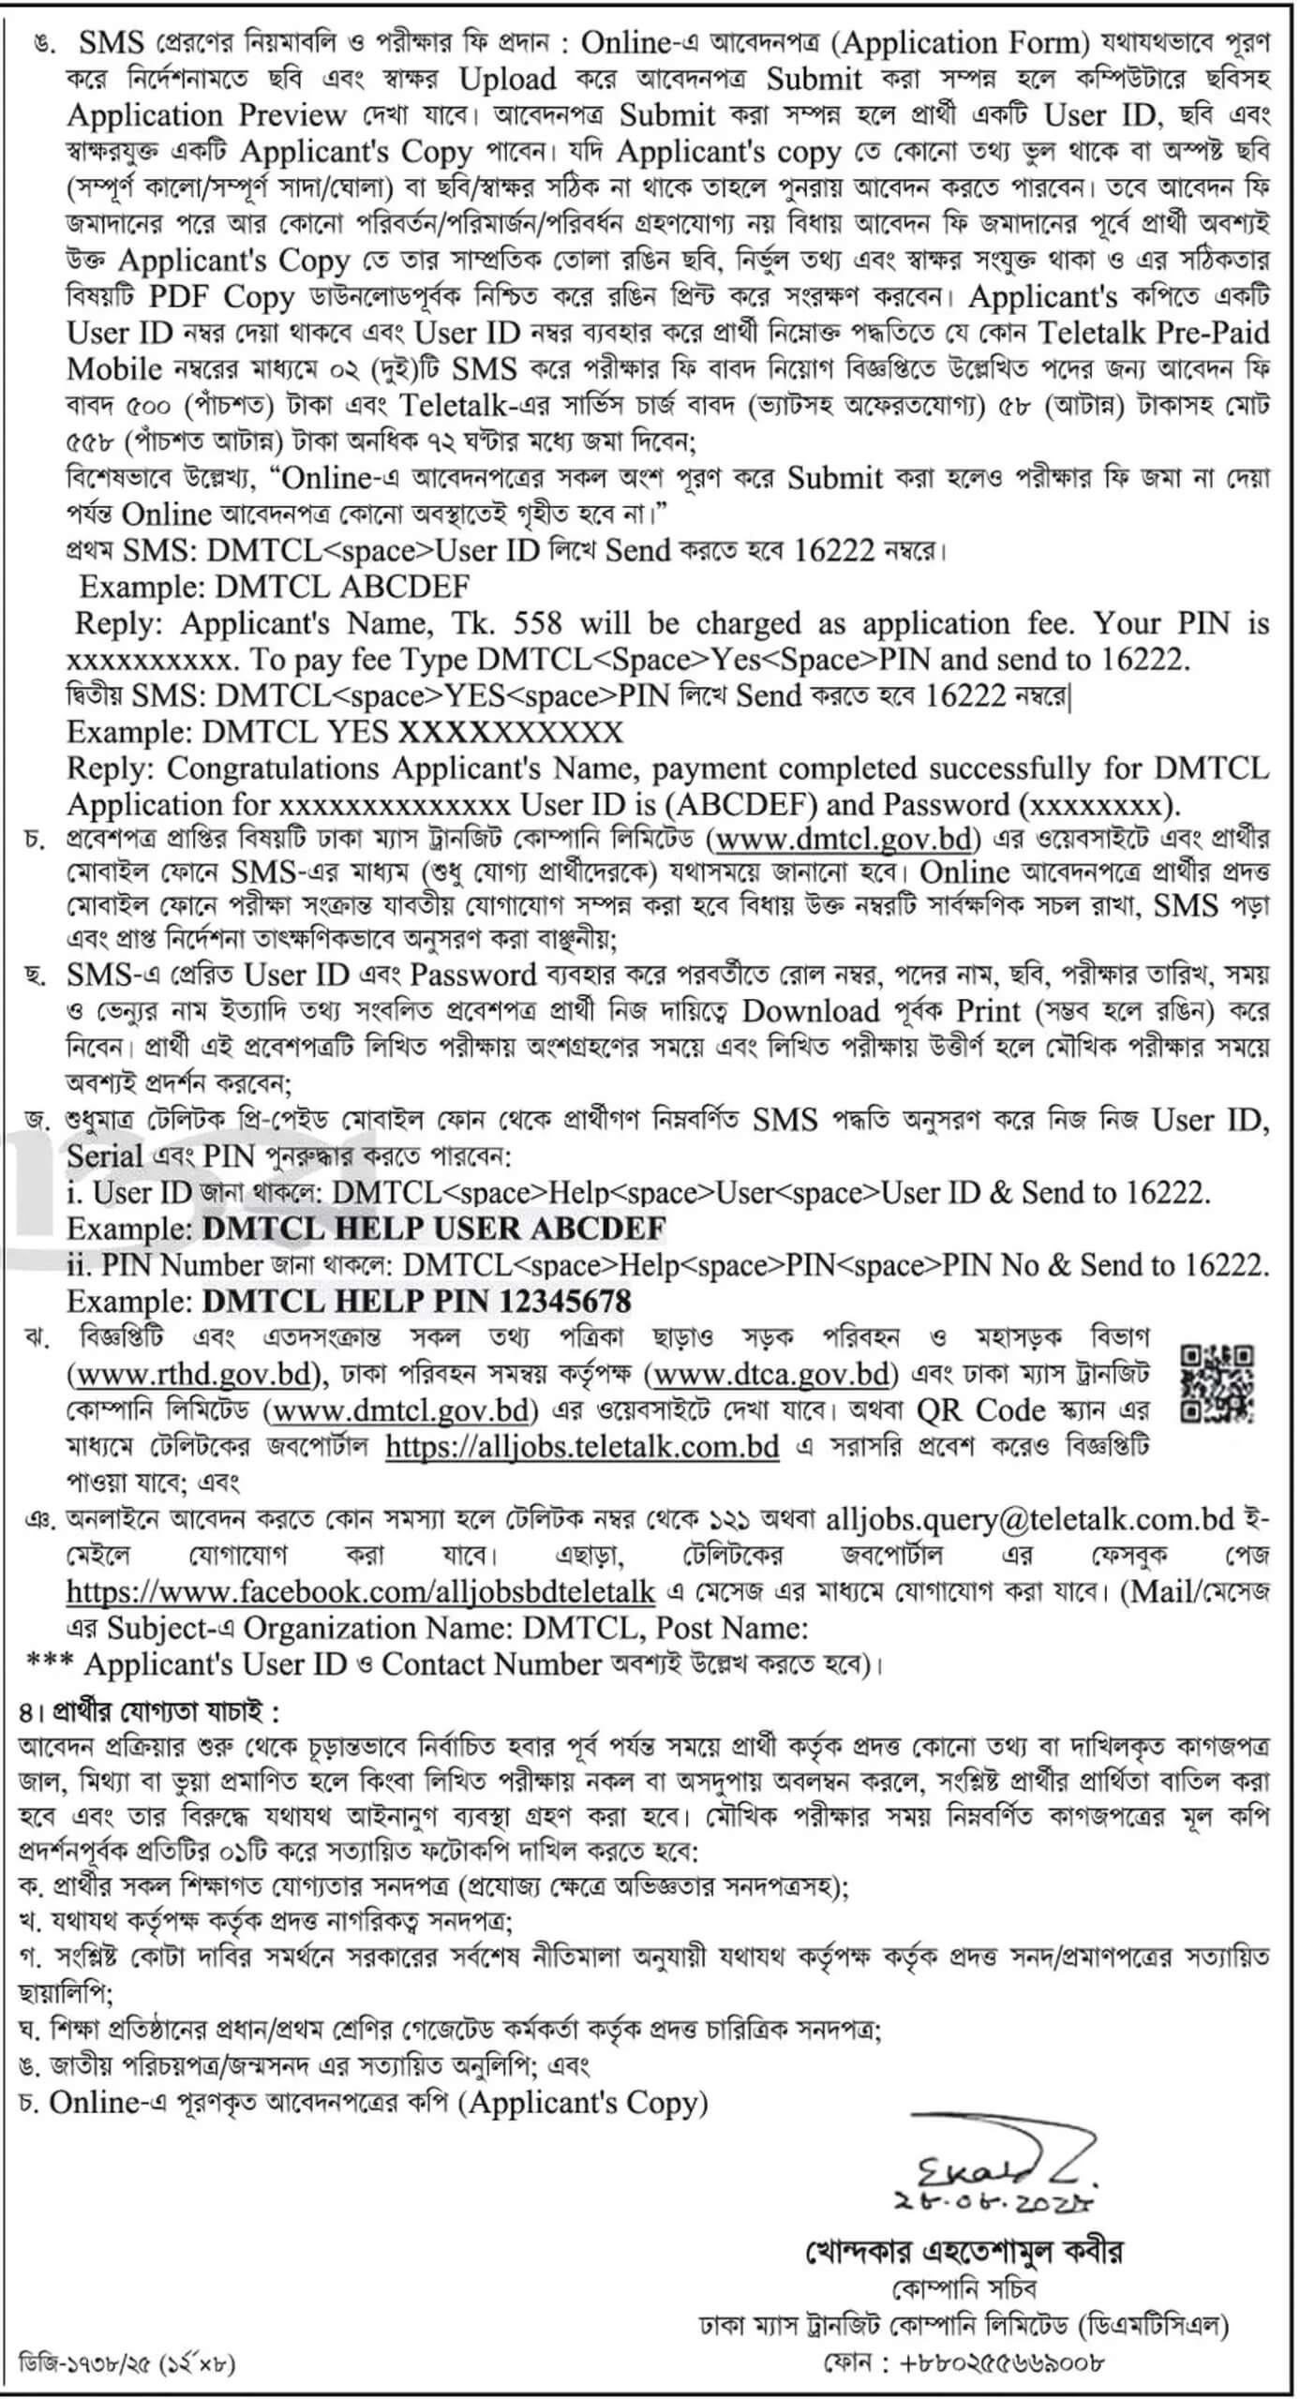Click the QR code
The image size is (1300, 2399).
tap(1217, 1383)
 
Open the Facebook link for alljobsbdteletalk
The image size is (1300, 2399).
tap(361, 1591)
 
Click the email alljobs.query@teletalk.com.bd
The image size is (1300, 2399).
tap(1029, 1519)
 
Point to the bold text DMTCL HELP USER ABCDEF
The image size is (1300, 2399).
tap(434, 1229)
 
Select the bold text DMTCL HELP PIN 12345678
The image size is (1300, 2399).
tap(417, 1301)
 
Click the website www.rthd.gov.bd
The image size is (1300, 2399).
tap(195, 1375)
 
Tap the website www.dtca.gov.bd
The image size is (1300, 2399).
tap(771, 1375)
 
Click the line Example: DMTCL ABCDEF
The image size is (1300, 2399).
tap(275, 588)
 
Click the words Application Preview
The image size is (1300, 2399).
tap(207, 116)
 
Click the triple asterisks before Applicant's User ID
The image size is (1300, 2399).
tap(51, 1664)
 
